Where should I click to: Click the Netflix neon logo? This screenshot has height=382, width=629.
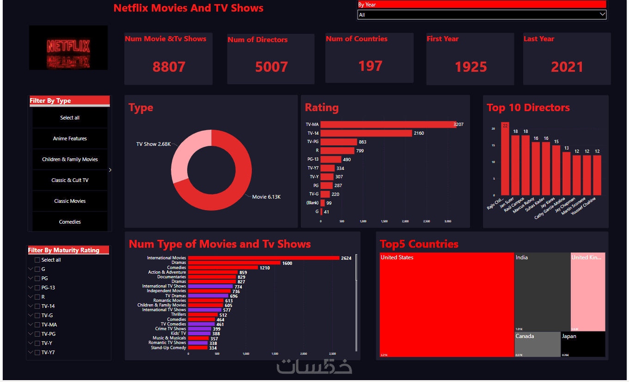68,47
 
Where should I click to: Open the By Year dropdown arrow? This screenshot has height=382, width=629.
602,14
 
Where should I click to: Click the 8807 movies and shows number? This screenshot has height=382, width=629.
169,67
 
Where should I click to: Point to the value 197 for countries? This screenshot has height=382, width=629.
370,66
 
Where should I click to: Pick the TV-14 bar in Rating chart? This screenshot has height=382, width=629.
366,133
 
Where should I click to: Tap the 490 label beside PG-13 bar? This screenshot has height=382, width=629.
347,159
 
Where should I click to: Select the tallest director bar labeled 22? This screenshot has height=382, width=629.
505,160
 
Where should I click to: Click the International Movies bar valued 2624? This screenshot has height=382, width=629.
263,258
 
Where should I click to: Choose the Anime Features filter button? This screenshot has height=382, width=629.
70,138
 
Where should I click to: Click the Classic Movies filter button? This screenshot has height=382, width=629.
70,201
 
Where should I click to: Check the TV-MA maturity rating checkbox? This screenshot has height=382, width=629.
37,325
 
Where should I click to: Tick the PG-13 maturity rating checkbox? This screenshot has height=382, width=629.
37,288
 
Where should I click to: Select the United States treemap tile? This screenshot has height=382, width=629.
446,304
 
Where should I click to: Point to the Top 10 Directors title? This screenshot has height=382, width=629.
528,108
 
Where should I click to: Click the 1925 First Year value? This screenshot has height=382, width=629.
470,67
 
